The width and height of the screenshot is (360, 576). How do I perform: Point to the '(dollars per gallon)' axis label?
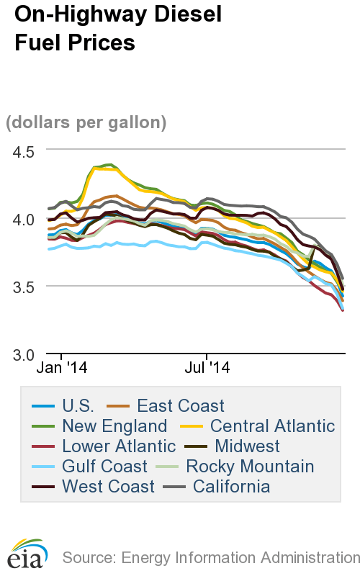click(x=86, y=122)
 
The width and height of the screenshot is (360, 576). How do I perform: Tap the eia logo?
click(x=27, y=554)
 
